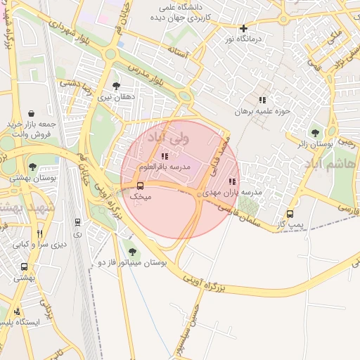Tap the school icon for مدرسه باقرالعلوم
(x=165, y=156)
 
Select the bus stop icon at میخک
(x=141, y=186)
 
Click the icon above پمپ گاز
(x=290, y=214)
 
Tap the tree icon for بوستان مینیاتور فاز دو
(x=132, y=251)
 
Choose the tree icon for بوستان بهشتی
(x=32, y=167)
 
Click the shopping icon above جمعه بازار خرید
(x=32, y=113)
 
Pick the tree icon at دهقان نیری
(x=116, y=86)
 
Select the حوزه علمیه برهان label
(x=263, y=111)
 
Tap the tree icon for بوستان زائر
(x=314, y=131)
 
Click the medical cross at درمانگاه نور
(x=243, y=29)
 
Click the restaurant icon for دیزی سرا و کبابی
(x=39, y=233)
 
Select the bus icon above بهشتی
(x=24, y=267)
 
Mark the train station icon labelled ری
(x=77, y=222)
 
